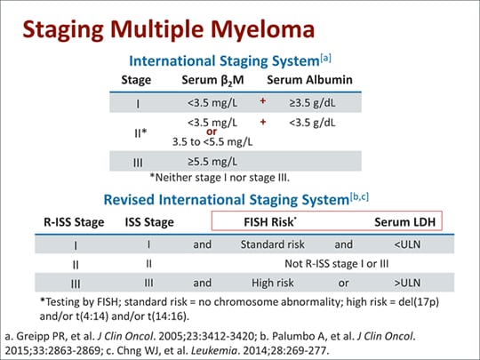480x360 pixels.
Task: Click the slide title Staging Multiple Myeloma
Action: (x=168, y=29)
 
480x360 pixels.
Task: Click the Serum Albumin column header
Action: (x=310, y=80)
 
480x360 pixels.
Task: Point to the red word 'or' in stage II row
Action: (x=212, y=132)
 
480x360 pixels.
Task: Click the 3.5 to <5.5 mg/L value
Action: (x=212, y=140)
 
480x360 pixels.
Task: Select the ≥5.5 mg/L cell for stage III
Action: (x=212, y=161)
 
